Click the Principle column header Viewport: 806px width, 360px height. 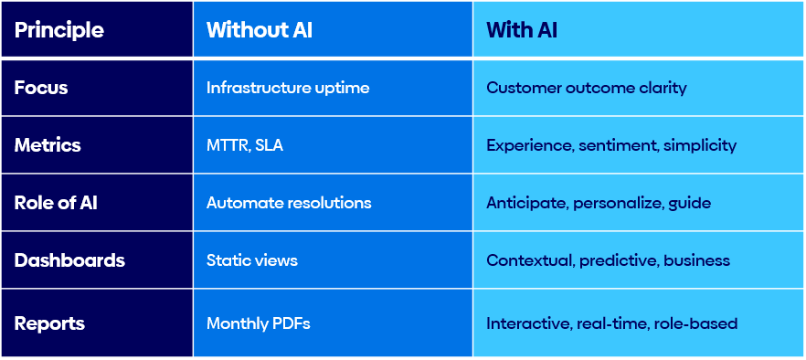pos(58,30)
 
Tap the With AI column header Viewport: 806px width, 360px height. pos(522,30)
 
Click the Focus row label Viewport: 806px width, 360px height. pos(41,89)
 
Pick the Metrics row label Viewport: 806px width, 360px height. pos(48,145)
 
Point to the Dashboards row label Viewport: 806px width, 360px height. pos(69,260)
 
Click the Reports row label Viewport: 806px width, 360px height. pos(49,323)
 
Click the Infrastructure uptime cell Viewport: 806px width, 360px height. pos(288,89)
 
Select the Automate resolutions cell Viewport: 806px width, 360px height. pos(289,203)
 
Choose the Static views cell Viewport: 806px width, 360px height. pos(252,260)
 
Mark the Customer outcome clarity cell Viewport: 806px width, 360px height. pos(587,89)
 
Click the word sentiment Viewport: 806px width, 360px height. pos(618,145)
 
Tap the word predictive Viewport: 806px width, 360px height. pos(617,260)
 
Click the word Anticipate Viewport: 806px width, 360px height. pos(526,203)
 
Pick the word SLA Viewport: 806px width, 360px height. pos(269,145)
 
